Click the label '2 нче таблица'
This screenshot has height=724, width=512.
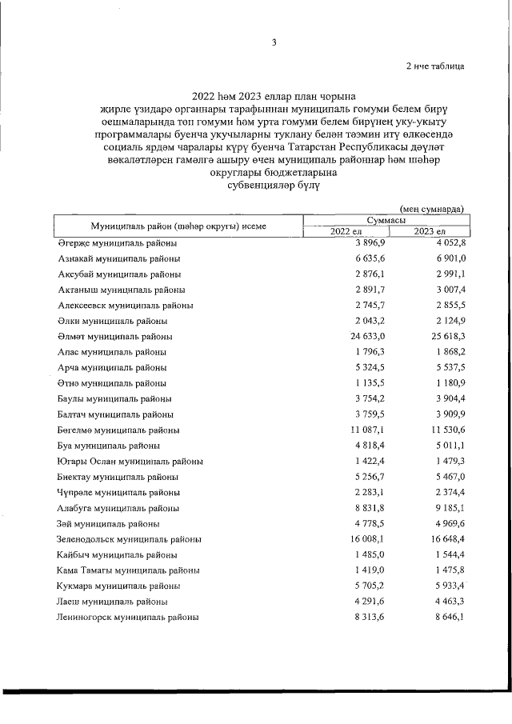coord(434,66)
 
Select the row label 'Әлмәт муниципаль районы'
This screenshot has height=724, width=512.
coord(115,337)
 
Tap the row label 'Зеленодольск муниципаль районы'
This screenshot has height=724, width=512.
coord(134,539)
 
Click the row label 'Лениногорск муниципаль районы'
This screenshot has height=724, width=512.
coord(129,618)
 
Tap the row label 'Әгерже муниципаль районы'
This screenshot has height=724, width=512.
coord(118,243)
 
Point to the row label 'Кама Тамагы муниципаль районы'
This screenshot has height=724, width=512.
coord(129,570)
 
